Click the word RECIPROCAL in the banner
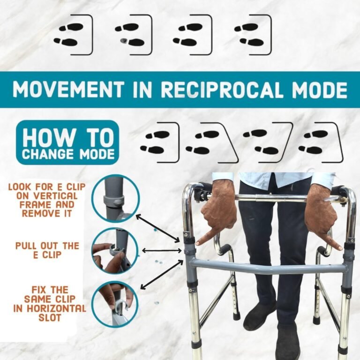(x=221, y=90)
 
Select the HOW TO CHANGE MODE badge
(x=67, y=143)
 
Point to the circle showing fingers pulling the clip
(x=115, y=251)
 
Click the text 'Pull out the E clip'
(x=47, y=250)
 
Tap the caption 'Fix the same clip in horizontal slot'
(x=50, y=304)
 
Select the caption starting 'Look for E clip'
(x=47, y=200)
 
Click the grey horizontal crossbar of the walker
(x=268, y=268)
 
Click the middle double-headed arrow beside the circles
(x=162, y=251)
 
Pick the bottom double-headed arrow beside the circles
(x=162, y=274)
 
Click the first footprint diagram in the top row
(x=74, y=35)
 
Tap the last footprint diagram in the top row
(x=253, y=35)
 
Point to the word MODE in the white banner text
(x=320, y=90)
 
